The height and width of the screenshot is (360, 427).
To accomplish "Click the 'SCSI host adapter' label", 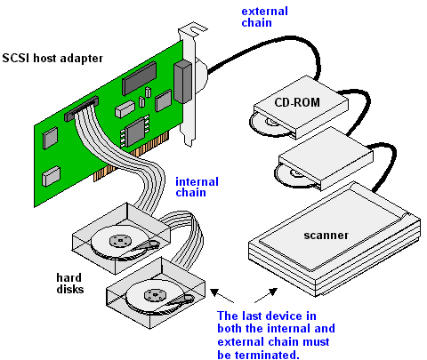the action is click(x=52, y=58).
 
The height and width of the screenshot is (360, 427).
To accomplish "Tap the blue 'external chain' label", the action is click(x=264, y=17).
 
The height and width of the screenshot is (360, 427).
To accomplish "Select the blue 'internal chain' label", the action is click(x=197, y=187).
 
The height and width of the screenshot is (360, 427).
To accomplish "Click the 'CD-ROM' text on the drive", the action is click(x=297, y=102).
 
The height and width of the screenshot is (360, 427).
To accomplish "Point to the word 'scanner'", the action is click(x=326, y=236).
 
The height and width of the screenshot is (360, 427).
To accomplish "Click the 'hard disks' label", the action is click(x=70, y=284).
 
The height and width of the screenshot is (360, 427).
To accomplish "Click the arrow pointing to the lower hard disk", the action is click(x=222, y=296).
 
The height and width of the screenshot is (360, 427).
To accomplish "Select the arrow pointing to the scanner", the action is click(x=266, y=295).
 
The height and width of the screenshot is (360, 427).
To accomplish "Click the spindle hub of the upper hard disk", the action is click(x=120, y=241).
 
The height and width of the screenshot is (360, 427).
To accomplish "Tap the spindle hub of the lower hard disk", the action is click(x=155, y=295).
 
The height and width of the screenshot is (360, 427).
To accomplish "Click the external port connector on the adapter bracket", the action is click(x=182, y=82).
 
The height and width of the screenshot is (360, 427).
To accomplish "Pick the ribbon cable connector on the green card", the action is click(x=82, y=108).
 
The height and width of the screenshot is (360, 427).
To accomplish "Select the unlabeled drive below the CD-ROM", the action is click(x=326, y=159).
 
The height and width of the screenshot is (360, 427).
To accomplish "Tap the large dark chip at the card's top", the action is click(x=139, y=78).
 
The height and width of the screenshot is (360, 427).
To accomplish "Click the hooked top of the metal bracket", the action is click(x=193, y=29).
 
